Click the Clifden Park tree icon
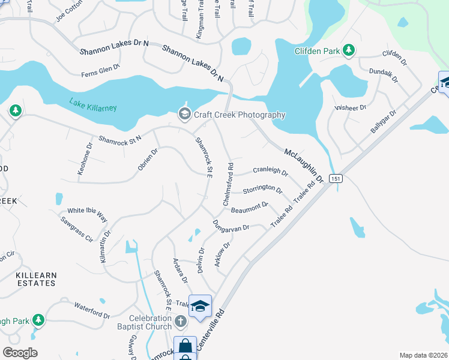348,52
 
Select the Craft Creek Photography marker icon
184,114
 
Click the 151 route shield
336,178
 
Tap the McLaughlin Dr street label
304,166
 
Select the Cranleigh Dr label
271,170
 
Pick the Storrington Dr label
262,190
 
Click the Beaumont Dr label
250,208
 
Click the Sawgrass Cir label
76,229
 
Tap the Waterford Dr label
92,311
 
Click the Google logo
20,352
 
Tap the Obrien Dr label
147,160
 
